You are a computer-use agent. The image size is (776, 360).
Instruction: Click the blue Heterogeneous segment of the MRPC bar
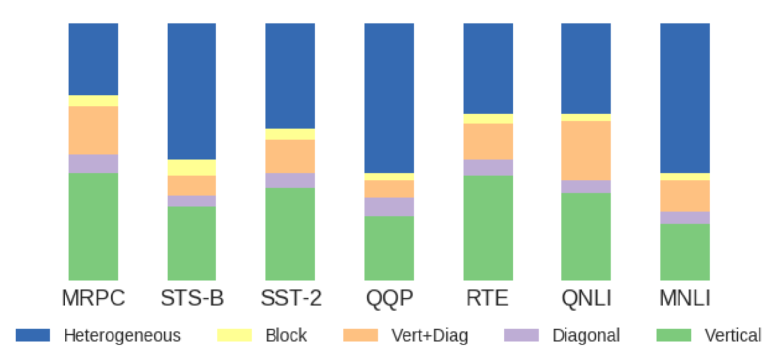pyautogui.click(x=93, y=59)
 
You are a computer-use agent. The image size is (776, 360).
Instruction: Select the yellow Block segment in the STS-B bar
pyautogui.click(x=192, y=167)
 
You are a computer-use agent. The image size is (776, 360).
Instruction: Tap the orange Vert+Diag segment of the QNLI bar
pyautogui.click(x=585, y=150)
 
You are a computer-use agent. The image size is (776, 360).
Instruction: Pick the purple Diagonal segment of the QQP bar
pyautogui.click(x=389, y=207)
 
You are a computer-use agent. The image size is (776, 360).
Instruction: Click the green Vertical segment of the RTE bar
pyautogui.click(x=488, y=228)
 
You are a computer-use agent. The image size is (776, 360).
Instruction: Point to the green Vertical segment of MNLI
pyautogui.click(x=684, y=252)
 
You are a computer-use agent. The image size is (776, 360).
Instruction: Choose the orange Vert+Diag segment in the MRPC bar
pyautogui.click(x=93, y=130)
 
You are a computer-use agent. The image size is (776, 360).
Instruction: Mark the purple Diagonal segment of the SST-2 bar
pyautogui.click(x=290, y=180)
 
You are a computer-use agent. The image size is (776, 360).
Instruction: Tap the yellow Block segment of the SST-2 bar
pyautogui.click(x=290, y=134)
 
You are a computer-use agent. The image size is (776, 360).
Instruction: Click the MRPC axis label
pyautogui.click(x=93, y=298)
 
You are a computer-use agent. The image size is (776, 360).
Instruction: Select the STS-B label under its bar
pyautogui.click(x=192, y=298)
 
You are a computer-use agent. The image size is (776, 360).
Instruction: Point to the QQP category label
pyautogui.click(x=389, y=298)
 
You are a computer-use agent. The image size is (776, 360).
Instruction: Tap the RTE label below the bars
pyautogui.click(x=487, y=298)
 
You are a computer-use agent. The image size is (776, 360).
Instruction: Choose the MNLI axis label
pyautogui.click(x=684, y=298)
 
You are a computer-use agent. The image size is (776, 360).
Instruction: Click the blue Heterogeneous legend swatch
pyautogui.click(x=32, y=335)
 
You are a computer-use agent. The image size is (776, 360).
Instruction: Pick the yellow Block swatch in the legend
pyautogui.click(x=234, y=335)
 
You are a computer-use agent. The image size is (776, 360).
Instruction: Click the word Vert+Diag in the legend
pyautogui.click(x=430, y=335)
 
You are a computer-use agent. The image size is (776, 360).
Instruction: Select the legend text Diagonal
pyautogui.click(x=586, y=335)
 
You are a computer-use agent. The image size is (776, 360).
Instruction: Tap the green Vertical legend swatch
pyautogui.click(x=673, y=335)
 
